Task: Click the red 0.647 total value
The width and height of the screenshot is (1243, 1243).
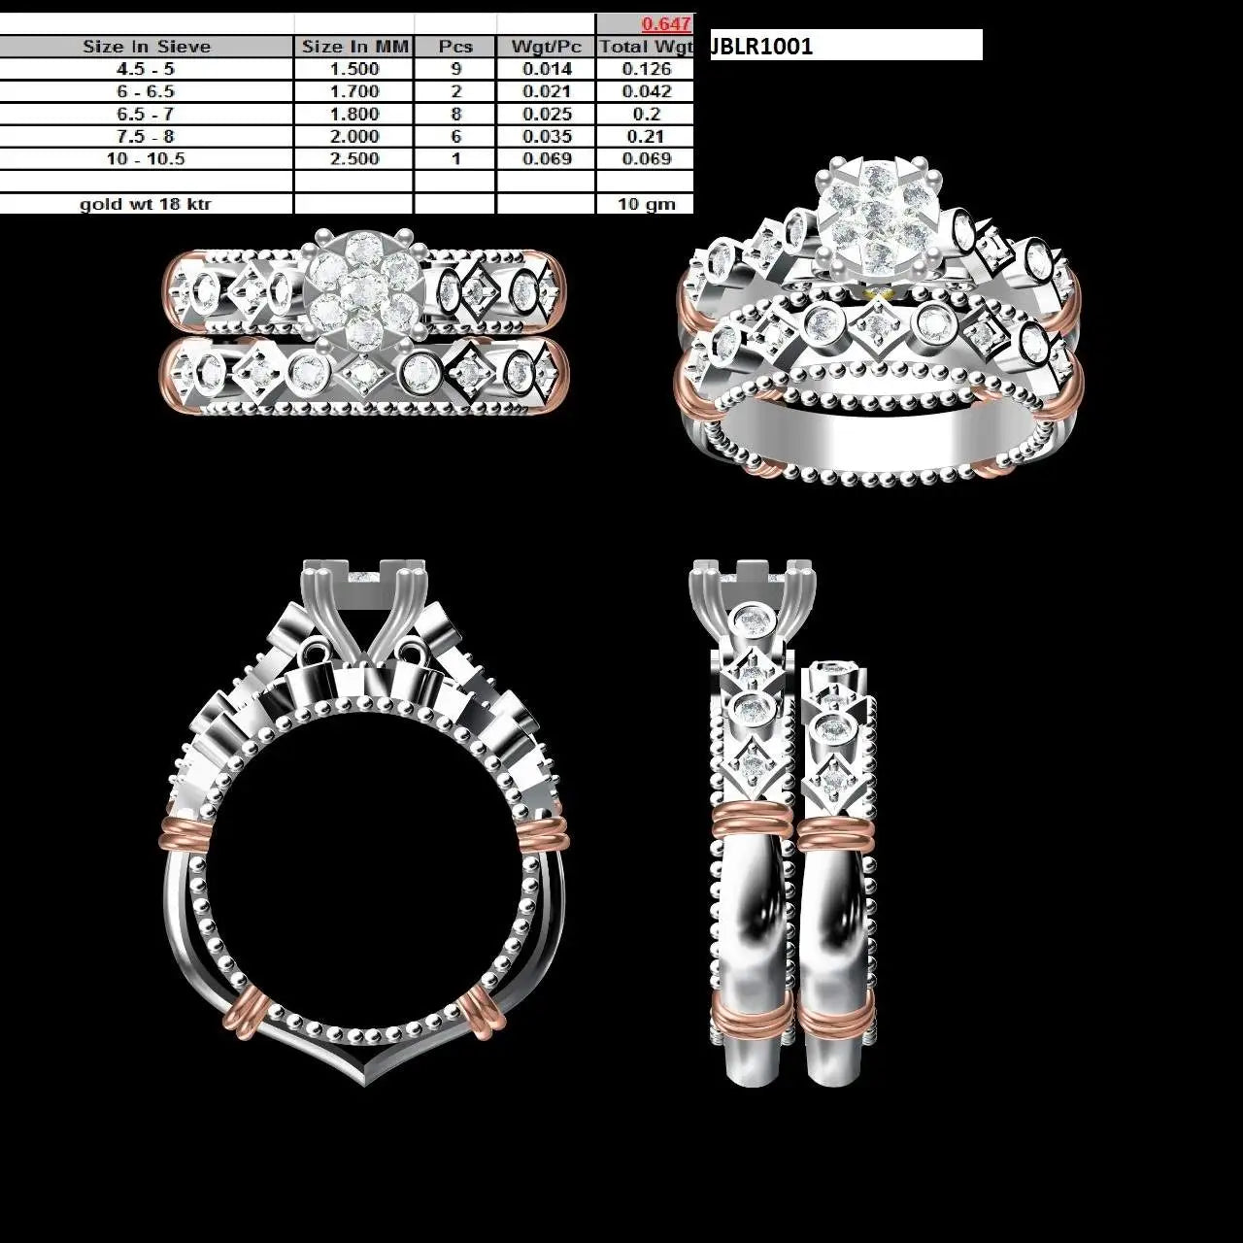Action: point(666,24)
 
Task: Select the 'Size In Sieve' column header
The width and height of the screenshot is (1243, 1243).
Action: point(147,47)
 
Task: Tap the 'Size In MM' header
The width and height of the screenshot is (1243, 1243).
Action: point(354,47)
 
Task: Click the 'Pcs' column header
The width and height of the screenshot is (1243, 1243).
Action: point(455,47)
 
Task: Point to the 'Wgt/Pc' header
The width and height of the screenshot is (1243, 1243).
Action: point(547,47)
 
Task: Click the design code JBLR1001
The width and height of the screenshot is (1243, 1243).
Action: point(761,46)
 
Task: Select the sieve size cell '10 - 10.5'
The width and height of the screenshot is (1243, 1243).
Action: point(146,158)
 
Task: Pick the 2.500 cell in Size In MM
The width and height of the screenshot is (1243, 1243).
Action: point(354,158)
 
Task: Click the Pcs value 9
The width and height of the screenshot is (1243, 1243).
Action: point(455,69)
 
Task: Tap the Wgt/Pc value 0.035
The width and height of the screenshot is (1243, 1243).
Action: point(547,136)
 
